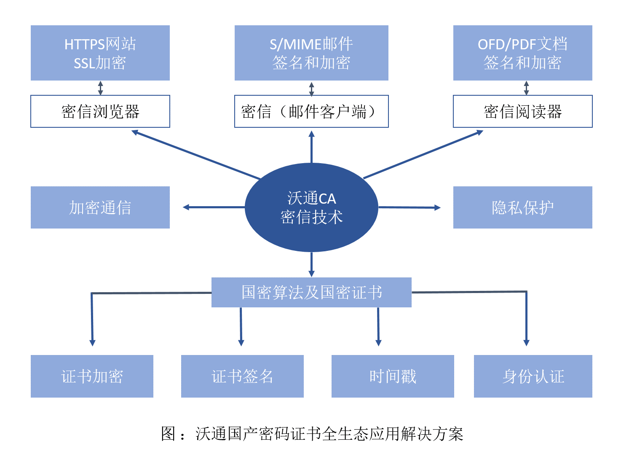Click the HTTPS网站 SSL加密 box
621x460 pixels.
coord(100,53)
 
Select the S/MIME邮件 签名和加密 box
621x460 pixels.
coord(311,53)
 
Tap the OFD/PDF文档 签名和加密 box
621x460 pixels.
coord(522,53)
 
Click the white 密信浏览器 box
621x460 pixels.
coord(100,111)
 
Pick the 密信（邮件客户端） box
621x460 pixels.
coord(311,111)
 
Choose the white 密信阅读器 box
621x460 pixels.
coord(522,111)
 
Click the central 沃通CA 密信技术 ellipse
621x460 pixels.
coord(311,207)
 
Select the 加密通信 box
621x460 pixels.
coord(100,207)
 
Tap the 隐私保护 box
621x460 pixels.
coord(522,207)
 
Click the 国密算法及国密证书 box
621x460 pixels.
coord(311,292)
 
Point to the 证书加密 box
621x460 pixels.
coord(92,376)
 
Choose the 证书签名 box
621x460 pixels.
coord(242,376)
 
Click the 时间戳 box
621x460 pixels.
coord(393,376)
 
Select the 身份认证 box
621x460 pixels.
coord(533,376)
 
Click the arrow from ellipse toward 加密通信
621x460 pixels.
coord(214,207)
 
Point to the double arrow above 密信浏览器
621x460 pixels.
coord(100,88)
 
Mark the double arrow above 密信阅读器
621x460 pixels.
coord(526,88)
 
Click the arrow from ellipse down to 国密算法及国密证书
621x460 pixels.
coord(311,264)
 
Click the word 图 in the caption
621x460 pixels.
coord(168,433)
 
